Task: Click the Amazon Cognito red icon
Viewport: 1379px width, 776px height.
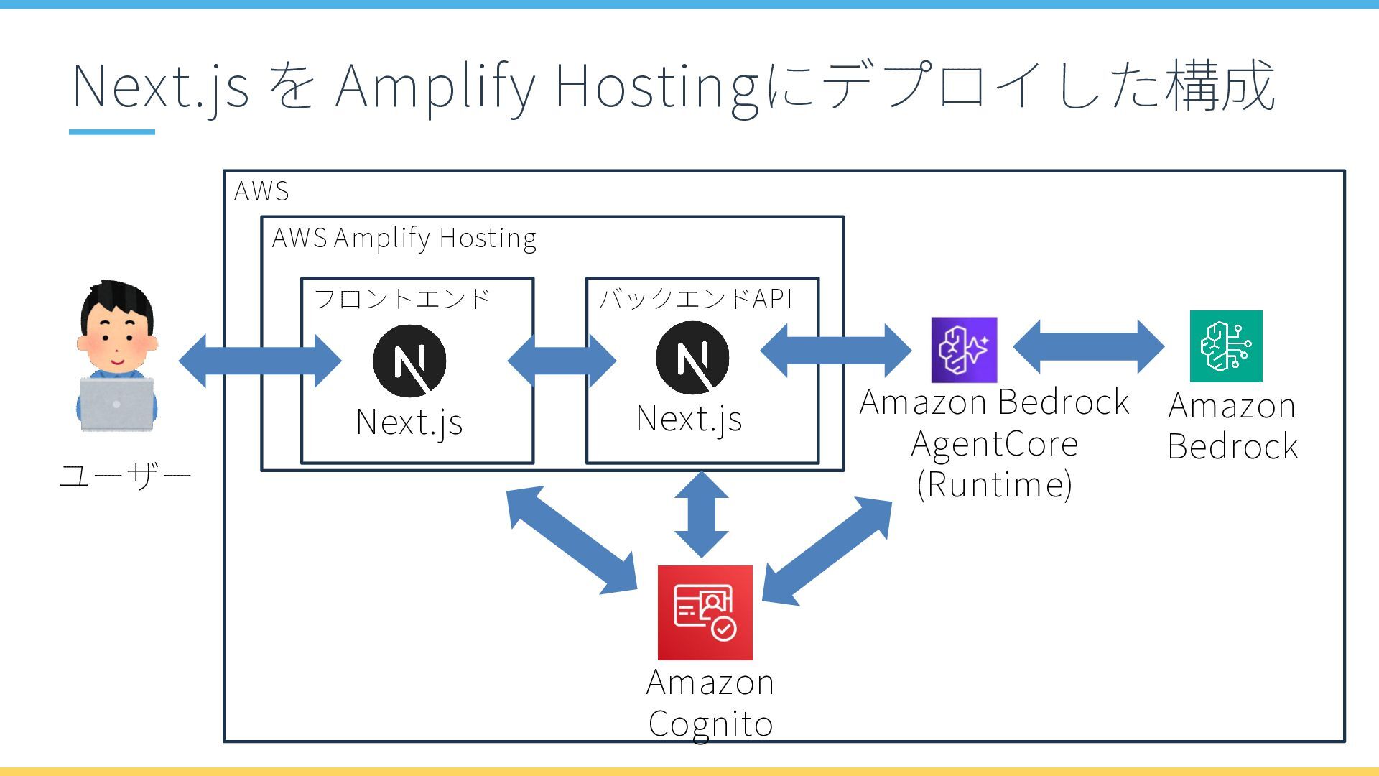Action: click(x=705, y=612)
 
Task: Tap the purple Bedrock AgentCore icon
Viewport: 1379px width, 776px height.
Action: click(x=964, y=350)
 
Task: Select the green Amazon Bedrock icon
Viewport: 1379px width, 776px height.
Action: click(x=1226, y=346)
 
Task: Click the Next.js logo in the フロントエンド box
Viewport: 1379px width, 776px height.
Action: click(x=409, y=361)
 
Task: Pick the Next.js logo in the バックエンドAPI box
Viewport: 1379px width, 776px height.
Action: click(x=692, y=358)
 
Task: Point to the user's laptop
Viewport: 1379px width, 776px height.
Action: click(x=116, y=404)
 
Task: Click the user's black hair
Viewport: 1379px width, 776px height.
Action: click(x=116, y=302)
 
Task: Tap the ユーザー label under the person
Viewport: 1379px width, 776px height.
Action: click(x=124, y=476)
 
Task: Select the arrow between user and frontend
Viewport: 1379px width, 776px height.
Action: click(x=260, y=361)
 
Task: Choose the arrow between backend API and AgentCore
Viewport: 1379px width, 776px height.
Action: click(x=835, y=351)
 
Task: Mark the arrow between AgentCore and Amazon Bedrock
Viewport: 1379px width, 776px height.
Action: click(x=1089, y=346)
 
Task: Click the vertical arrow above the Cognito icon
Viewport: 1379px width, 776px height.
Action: click(x=702, y=514)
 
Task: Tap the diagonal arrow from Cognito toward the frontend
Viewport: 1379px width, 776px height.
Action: click(x=572, y=540)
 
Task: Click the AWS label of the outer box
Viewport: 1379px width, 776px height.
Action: click(x=261, y=191)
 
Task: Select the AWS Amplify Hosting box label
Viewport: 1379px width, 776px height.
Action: click(x=404, y=238)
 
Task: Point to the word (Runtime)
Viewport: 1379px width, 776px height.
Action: click(x=995, y=485)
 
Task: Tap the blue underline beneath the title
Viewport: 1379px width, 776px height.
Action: click(x=112, y=132)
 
